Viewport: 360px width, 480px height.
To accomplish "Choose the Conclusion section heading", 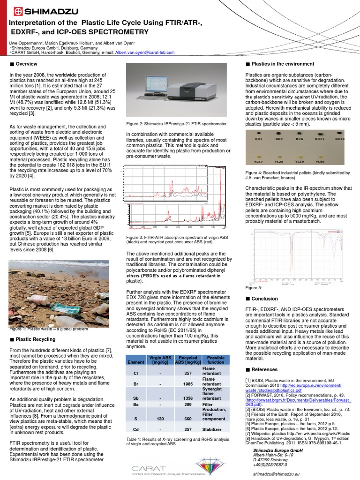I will coord(264,299).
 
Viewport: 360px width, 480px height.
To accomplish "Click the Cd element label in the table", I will coord(135,429).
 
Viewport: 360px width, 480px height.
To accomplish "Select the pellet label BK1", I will coord(258,139).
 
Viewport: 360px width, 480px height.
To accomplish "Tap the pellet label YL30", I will coord(319,161).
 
